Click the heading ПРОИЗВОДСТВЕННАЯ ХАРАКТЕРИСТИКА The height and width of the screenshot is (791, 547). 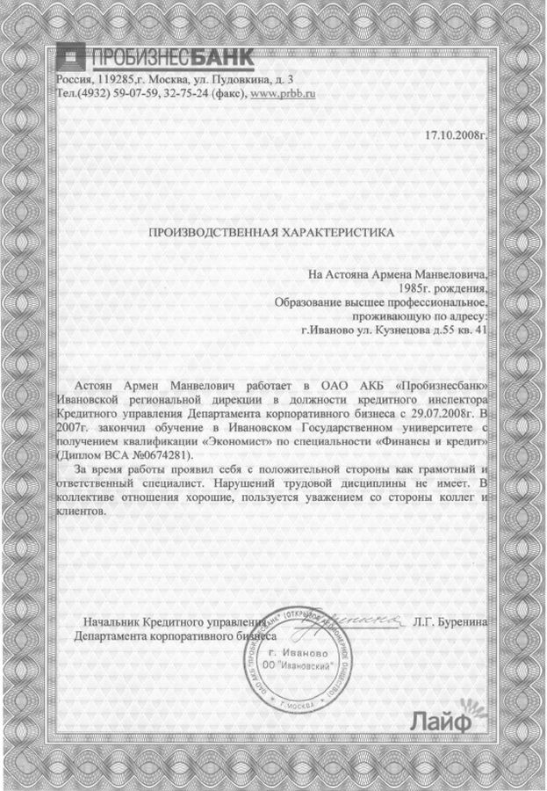click(x=270, y=234)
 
